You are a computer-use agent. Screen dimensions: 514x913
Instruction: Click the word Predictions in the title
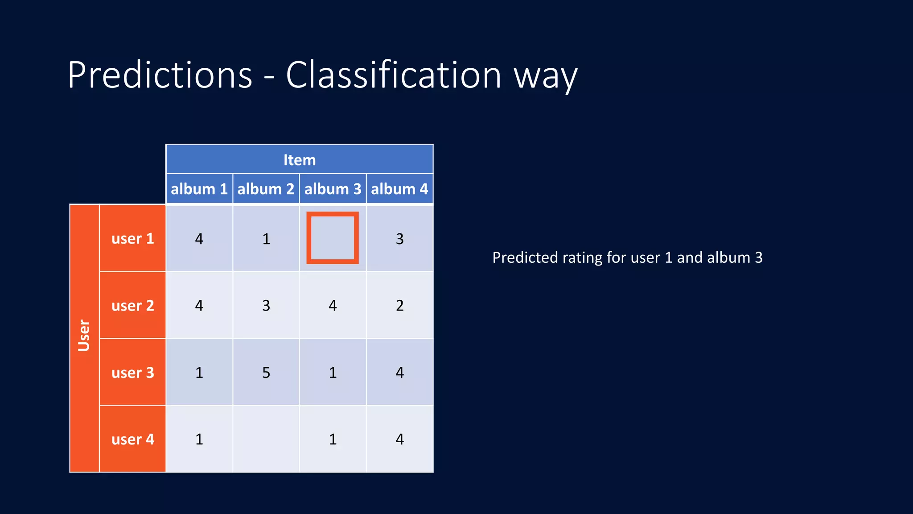click(160, 75)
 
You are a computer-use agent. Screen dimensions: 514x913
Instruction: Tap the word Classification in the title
click(393, 75)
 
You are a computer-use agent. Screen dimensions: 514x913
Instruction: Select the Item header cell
click(300, 160)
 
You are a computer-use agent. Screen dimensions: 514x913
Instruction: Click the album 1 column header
click(199, 189)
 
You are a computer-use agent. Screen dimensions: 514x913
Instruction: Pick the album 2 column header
click(266, 189)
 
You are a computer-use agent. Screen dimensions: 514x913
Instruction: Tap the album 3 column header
click(333, 189)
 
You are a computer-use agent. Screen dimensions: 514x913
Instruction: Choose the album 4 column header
click(399, 189)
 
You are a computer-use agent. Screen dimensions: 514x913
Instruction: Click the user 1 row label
click(132, 238)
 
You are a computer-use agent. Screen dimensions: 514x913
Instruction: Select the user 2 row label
click(132, 305)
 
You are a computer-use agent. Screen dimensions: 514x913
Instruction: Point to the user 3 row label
click(132, 372)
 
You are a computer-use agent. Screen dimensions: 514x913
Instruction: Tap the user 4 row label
click(132, 439)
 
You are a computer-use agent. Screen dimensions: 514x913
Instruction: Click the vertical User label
click(84, 336)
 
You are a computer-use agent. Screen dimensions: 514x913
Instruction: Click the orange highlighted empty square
click(333, 238)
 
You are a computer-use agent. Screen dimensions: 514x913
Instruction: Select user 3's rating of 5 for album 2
click(266, 372)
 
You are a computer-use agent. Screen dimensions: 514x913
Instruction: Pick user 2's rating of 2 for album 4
click(399, 305)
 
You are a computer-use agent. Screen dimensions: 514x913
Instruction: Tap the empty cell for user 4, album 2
click(266, 439)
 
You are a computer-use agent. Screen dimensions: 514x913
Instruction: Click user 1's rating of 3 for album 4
click(399, 239)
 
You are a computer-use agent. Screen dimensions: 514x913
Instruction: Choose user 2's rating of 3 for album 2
click(266, 305)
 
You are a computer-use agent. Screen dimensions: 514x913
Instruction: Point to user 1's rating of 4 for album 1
click(199, 239)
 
